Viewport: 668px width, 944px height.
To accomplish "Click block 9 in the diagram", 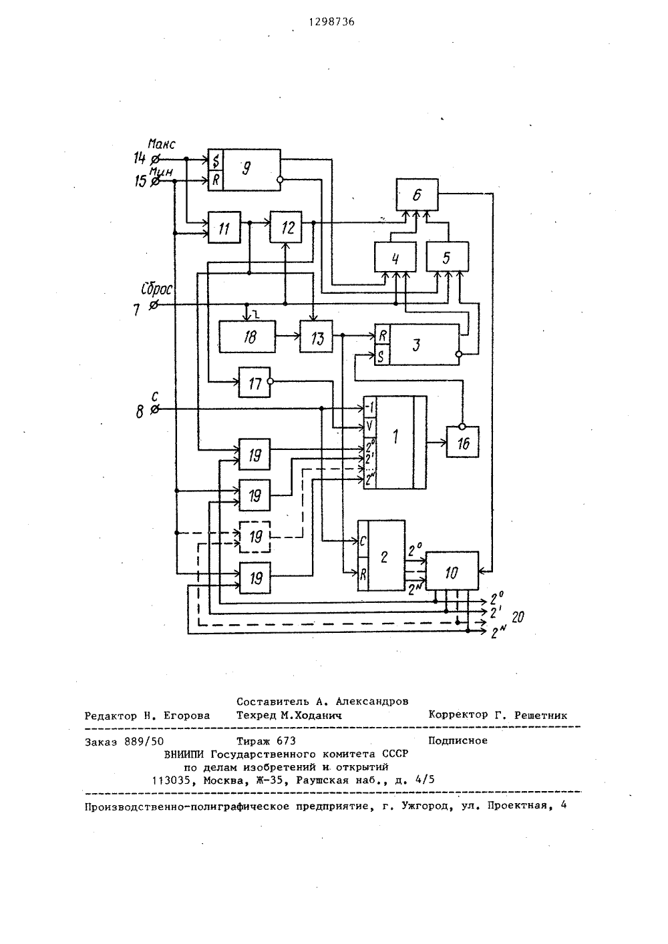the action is (244, 170).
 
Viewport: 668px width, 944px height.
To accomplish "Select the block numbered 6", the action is (417, 195).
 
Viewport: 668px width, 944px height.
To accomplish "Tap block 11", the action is (224, 228).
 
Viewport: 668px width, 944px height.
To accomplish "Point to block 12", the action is (286, 227).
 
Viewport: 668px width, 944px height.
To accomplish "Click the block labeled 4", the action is (395, 256).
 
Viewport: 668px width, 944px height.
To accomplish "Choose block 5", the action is (447, 256).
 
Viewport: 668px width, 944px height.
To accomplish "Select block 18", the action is (247, 336).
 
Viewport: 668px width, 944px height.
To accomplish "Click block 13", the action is (316, 336).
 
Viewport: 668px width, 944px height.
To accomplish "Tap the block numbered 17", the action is (255, 383).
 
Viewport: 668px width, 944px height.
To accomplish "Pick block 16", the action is (463, 442).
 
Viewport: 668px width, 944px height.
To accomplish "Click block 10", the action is (452, 571).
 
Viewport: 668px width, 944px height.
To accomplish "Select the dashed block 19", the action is (255, 537).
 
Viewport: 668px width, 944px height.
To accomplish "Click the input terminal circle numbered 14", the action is (155, 160).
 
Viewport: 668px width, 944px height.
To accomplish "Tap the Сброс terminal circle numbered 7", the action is (154, 304).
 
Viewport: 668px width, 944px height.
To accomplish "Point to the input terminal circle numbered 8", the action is (155, 409).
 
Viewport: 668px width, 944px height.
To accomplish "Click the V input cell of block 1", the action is (370, 427).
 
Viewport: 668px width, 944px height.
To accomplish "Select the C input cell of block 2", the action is (363, 541).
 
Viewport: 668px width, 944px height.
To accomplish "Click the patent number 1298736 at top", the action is (332, 22).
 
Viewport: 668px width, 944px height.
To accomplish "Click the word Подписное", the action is (458, 740).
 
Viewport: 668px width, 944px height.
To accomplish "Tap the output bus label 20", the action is (518, 618).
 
